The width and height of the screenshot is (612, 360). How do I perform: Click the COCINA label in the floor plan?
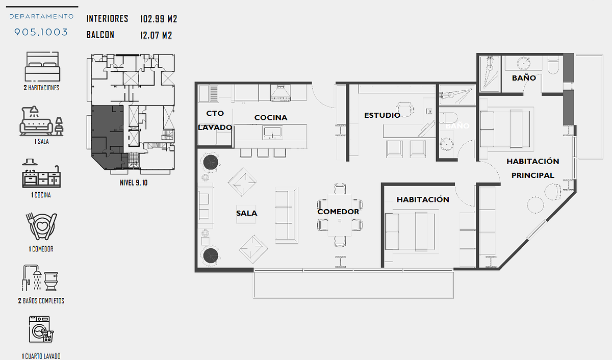pyautogui.click(x=270, y=118)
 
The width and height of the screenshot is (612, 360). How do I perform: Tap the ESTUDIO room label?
pyautogui.click(x=382, y=115)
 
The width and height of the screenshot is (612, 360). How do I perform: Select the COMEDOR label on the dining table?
pyautogui.click(x=338, y=212)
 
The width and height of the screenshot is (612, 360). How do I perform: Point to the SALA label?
pyautogui.click(x=246, y=213)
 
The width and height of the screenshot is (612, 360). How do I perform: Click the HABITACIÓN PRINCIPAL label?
pyautogui.click(x=533, y=168)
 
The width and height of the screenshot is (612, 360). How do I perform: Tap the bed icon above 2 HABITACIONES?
pyautogui.click(x=42, y=67)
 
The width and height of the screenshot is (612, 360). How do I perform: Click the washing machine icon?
pyautogui.click(x=41, y=329)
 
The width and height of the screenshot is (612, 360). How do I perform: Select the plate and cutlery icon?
pyautogui.click(x=41, y=226)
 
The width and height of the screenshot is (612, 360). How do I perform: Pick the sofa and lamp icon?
pyautogui.click(x=41, y=121)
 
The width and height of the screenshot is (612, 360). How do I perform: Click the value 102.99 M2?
pyautogui.click(x=159, y=19)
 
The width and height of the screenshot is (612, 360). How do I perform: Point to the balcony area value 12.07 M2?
pyautogui.click(x=156, y=35)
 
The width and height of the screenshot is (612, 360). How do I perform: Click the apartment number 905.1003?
pyautogui.click(x=41, y=32)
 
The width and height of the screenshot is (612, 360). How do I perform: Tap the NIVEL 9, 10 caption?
pyautogui.click(x=134, y=183)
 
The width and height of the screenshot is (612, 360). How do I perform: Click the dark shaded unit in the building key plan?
pyautogui.click(x=107, y=137)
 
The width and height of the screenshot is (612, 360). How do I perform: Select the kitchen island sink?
pyautogui.click(x=272, y=133)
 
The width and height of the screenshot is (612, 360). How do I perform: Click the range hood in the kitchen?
pyautogui.click(x=280, y=93)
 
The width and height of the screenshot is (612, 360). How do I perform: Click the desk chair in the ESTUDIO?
pyautogui.click(x=404, y=109)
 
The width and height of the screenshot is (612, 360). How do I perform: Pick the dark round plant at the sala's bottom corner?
pyautogui.click(x=211, y=256)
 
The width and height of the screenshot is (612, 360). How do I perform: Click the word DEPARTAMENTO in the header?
pyautogui.click(x=41, y=17)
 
